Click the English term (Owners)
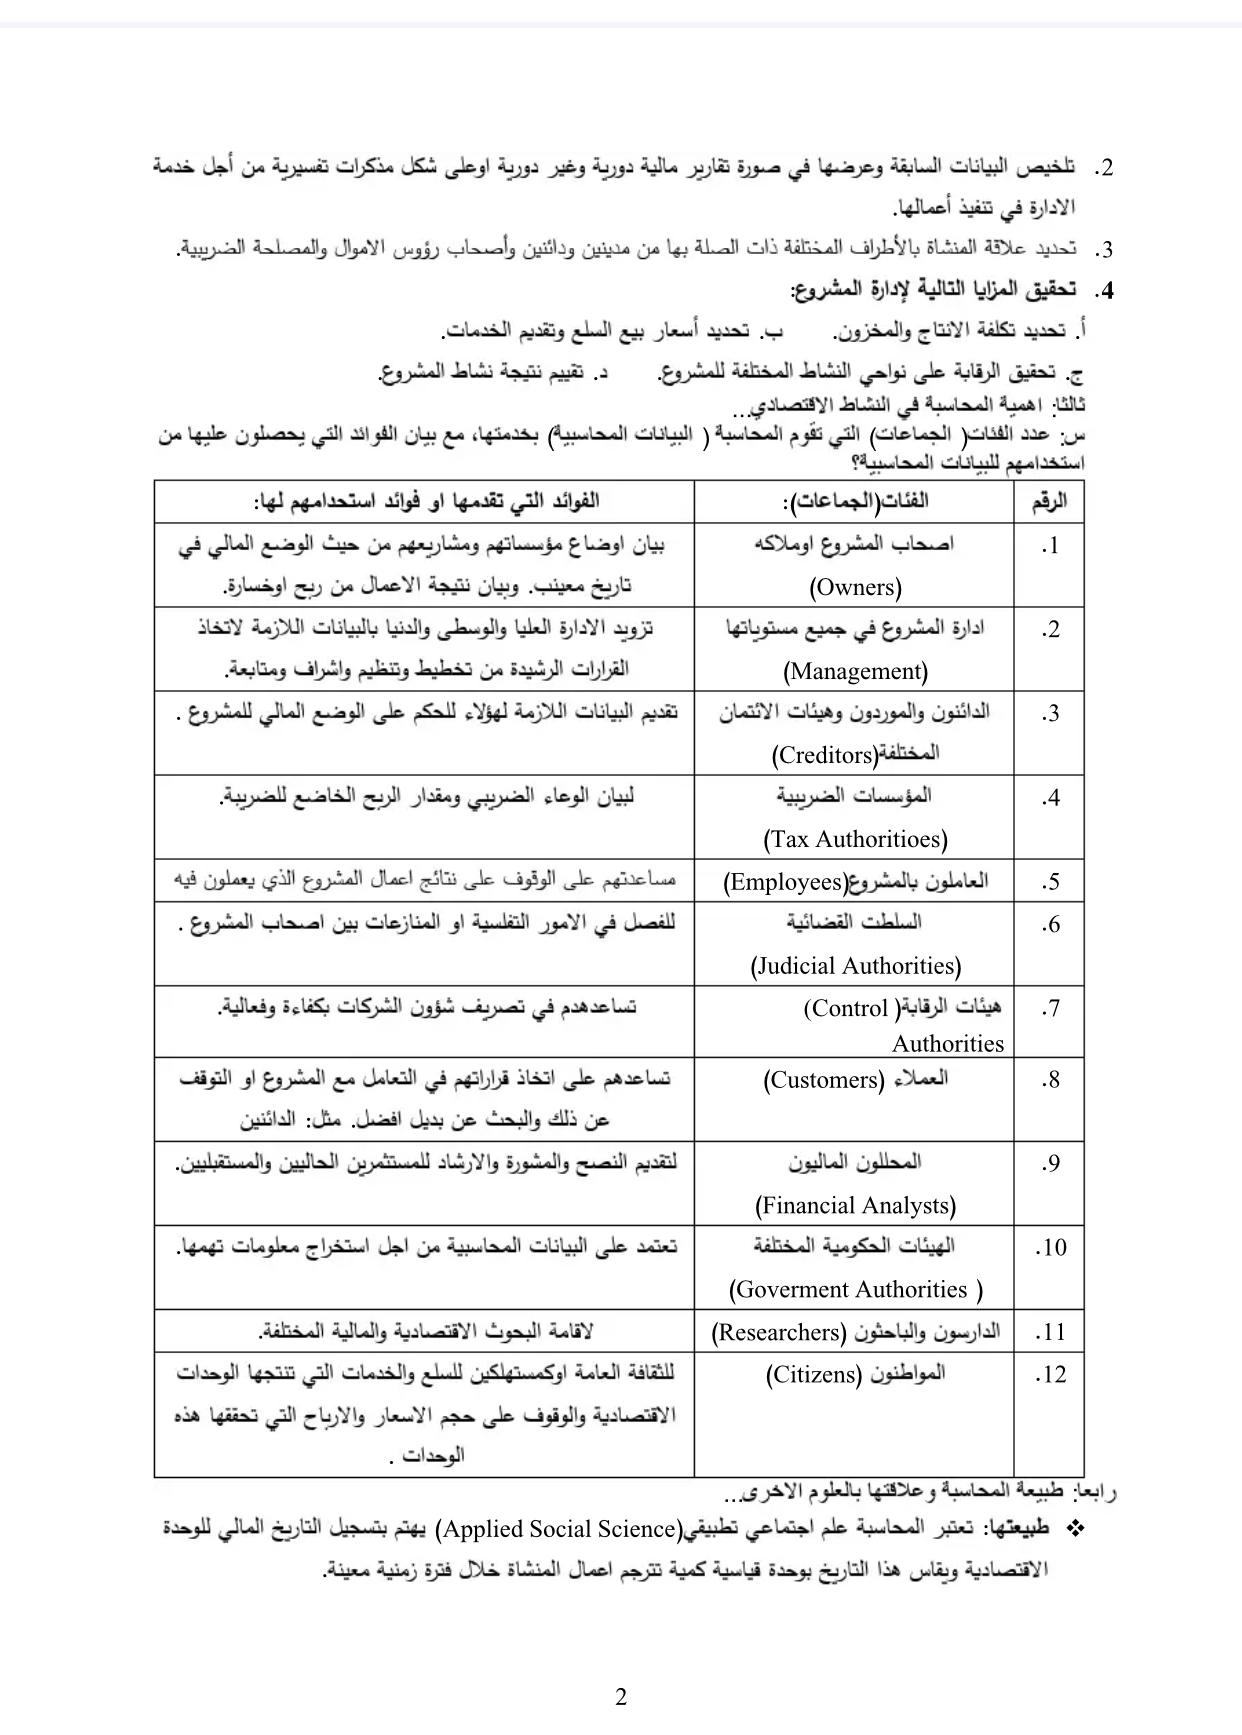point(855,587)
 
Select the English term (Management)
point(855,671)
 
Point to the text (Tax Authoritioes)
point(855,839)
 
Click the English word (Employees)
point(785,882)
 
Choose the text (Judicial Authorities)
point(855,966)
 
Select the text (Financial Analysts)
point(855,1206)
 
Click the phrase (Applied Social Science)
point(560,1529)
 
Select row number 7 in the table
point(1049,1009)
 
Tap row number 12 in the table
point(1050,1375)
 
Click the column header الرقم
point(1049,501)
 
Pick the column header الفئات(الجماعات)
point(855,501)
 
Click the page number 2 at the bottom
point(621,1697)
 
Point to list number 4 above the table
point(1103,292)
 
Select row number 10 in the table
point(1050,1248)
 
